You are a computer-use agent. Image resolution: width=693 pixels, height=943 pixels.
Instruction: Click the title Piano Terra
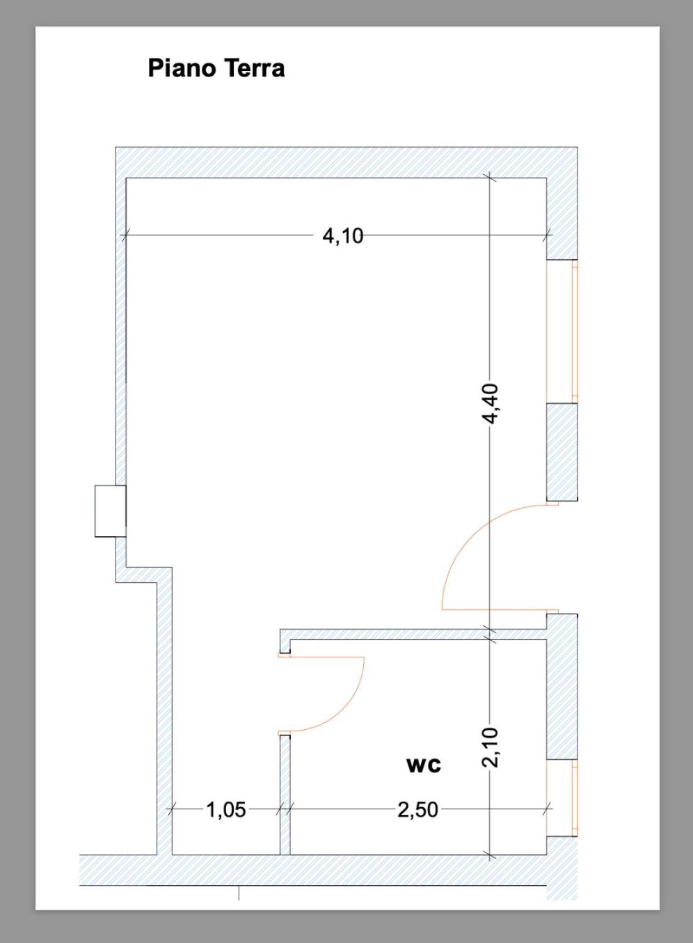(216, 68)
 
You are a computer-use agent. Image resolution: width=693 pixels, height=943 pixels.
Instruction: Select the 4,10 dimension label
(343, 236)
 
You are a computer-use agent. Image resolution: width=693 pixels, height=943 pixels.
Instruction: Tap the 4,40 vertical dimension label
(491, 403)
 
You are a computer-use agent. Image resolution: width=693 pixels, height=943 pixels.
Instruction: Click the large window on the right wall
(561, 332)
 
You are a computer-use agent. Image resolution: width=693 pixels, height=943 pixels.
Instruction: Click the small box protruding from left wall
(110, 511)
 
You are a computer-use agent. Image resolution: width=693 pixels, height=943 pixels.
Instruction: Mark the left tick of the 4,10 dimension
(125, 235)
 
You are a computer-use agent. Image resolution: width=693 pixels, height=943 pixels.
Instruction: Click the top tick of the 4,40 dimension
(490, 178)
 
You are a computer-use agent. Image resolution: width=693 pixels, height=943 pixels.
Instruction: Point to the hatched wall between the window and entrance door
(561, 452)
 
